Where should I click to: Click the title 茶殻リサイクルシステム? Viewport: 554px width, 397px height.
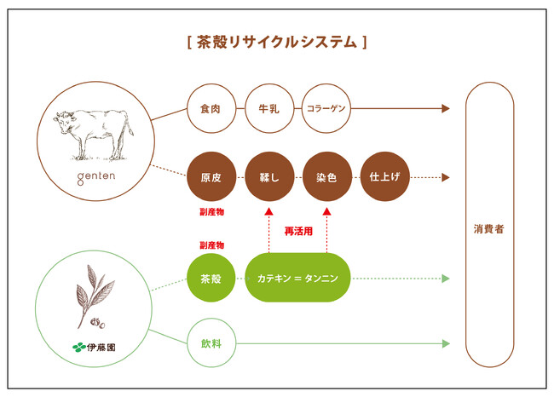(276, 41)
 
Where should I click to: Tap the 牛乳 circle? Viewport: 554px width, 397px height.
(268, 109)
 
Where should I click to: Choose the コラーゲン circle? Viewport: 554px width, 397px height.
(326, 109)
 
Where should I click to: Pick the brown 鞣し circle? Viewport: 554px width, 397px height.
(268, 178)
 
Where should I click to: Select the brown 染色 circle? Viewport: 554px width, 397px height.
(326, 178)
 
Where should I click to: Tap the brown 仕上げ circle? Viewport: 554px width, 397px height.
(385, 178)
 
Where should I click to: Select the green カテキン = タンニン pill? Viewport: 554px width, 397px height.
(297, 278)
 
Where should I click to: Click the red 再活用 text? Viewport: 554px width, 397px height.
(297, 230)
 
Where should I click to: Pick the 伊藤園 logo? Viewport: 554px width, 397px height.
(93, 347)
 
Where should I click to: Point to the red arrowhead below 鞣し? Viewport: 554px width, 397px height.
(268, 212)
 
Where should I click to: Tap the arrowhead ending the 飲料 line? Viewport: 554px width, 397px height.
(445, 344)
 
